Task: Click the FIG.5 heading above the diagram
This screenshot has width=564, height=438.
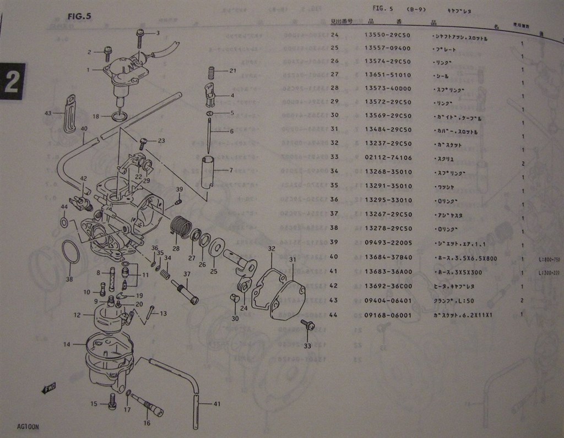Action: coord(79,16)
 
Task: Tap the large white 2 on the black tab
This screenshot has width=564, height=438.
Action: coord(13,82)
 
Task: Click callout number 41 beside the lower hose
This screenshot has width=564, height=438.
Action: coord(216,404)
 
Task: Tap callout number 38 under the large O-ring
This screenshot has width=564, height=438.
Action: coord(69,278)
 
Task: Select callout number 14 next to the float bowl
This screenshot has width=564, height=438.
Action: coord(67,344)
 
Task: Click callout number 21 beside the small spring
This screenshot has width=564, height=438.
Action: coord(232,70)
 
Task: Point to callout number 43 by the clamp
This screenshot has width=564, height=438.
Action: coord(48,113)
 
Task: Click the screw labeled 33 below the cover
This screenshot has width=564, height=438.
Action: coord(309,327)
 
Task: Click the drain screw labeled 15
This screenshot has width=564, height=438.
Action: coord(112,402)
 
